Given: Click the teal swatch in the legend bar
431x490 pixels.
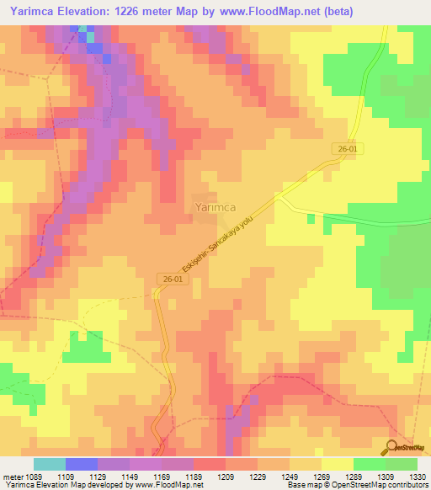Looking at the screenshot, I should (x=50, y=464).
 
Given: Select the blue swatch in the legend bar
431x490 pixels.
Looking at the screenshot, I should (x=82, y=464).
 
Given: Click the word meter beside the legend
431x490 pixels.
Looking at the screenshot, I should (x=11, y=477).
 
